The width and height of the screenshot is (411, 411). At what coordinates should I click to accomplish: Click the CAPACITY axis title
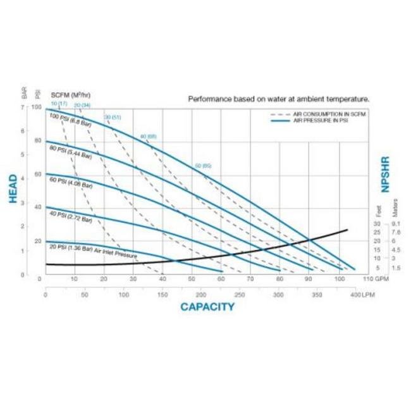click(207, 307)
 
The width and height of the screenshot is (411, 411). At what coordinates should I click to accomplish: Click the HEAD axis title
click(13, 190)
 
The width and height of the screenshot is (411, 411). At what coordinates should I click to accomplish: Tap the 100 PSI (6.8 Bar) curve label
click(71, 118)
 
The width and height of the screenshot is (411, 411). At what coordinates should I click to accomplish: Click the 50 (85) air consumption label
click(202, 165)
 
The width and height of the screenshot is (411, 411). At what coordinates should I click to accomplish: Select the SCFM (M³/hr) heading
click(70, 95)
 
